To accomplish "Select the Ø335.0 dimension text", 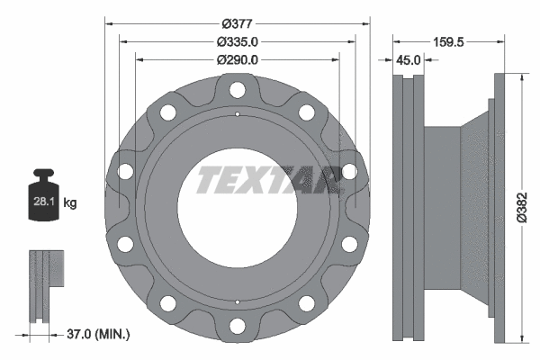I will pos(238,41).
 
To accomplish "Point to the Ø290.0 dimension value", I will pos(238,59).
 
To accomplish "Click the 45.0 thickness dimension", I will pos(409,60).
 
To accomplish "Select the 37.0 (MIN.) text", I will pos(99,335).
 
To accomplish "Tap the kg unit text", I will pos(70,203).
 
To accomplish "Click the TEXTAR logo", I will pos(266,179).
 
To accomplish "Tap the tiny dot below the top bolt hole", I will pos(237,113).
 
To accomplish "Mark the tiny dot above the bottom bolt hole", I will pos(237,301).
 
